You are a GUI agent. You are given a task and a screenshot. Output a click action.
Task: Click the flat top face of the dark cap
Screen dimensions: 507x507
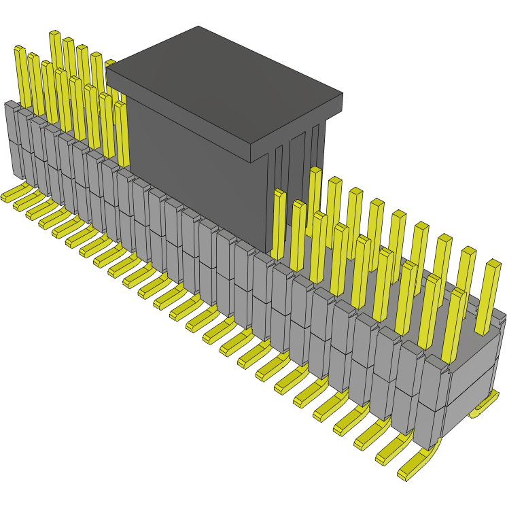[x=224, y=82]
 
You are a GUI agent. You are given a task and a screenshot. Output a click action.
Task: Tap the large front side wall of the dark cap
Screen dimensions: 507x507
[x=197, y=170]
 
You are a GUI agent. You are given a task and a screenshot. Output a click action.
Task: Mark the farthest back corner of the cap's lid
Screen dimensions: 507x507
[x=198, y=27]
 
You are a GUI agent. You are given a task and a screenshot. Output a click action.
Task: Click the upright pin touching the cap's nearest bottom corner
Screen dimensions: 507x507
[x=278, y=224]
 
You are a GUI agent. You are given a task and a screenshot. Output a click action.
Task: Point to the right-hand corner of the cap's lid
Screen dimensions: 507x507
[x=342, y=95]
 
